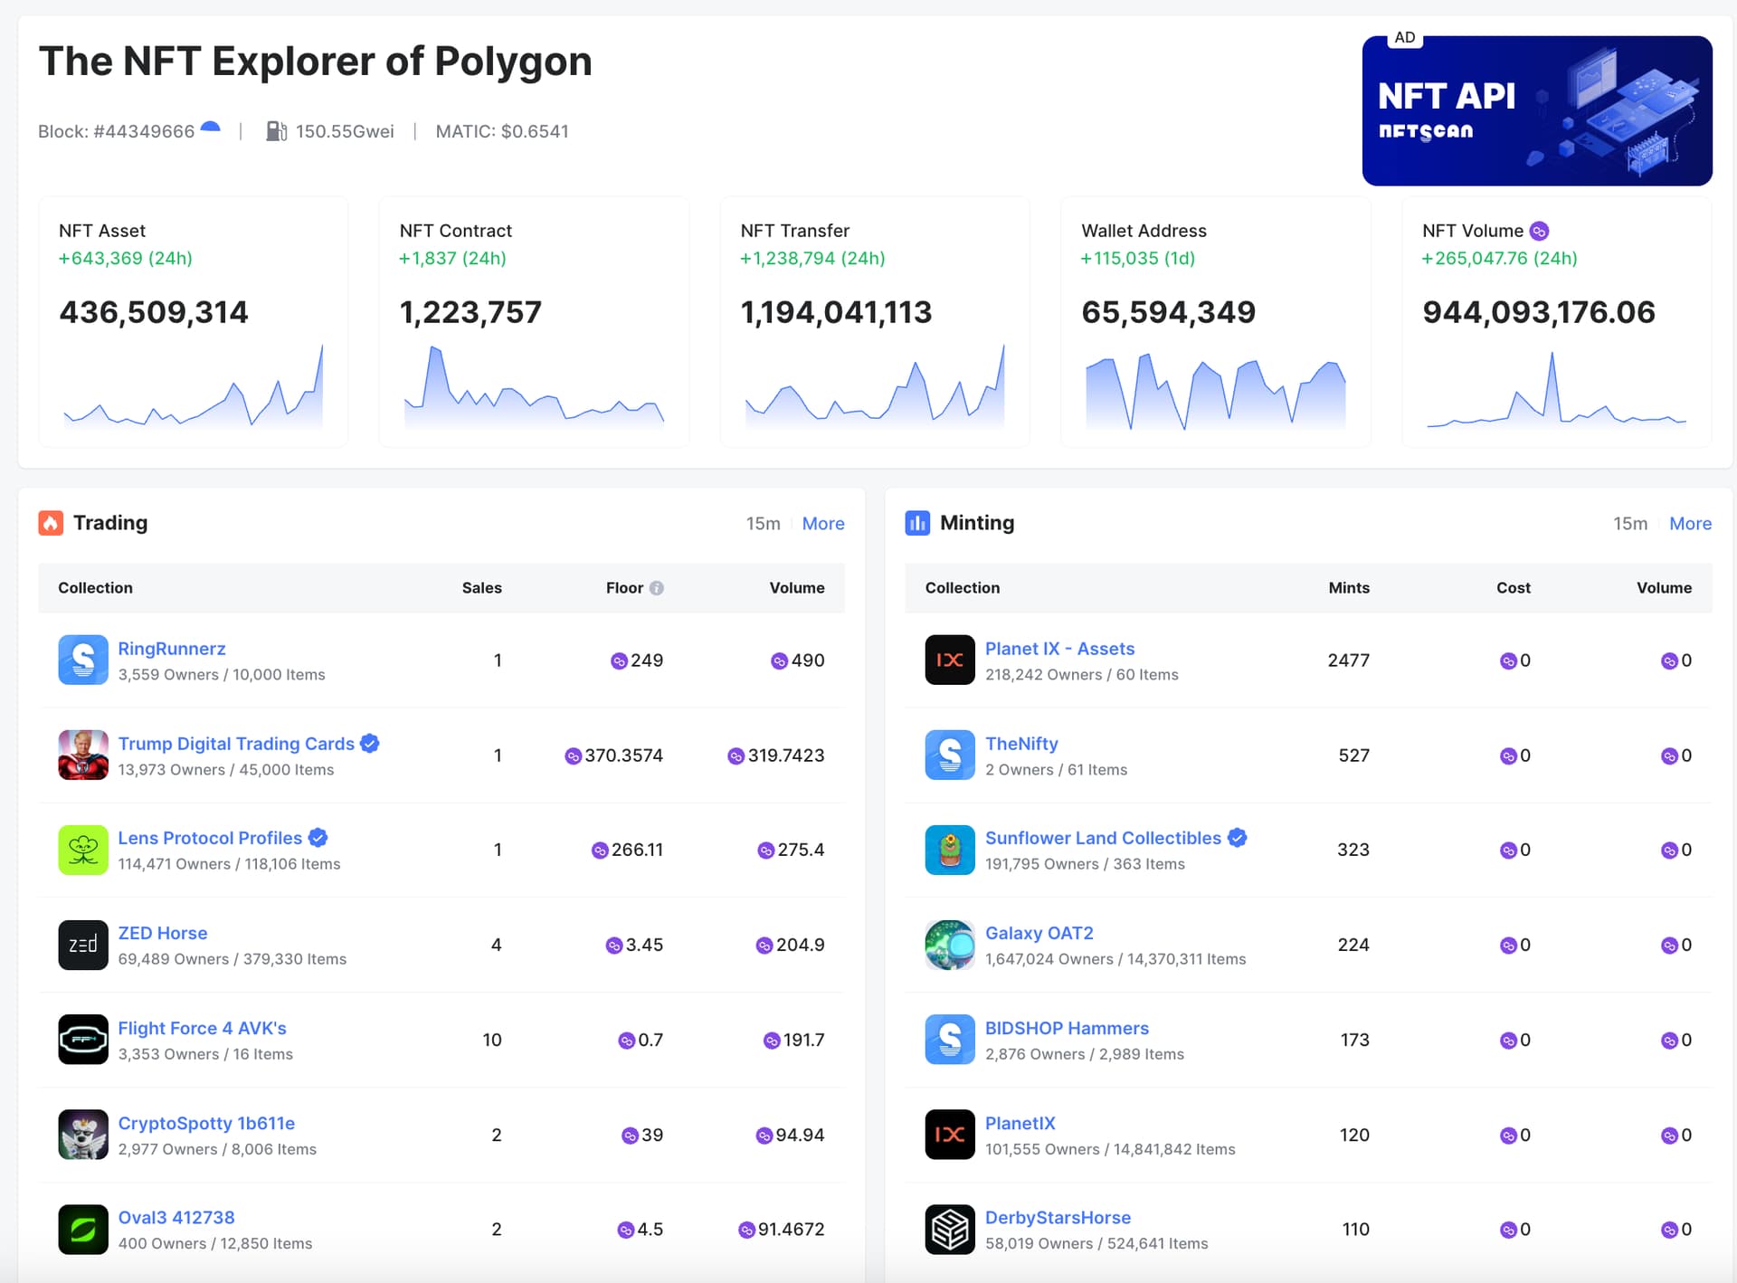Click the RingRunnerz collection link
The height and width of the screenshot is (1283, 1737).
(172, 649)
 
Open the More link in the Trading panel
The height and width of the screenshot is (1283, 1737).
(822, 524)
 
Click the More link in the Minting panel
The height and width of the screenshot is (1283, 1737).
(1689, 524)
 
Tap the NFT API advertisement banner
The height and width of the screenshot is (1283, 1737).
(1536, 111)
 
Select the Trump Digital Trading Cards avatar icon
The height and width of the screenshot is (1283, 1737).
(83, 755)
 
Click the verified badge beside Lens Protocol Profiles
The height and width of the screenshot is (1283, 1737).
(318, 838)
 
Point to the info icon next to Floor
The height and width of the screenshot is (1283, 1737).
(657, 588)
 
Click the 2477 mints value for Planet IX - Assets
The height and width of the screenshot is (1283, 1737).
(1347, 661)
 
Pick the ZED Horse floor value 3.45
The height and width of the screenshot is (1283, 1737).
(643, 945)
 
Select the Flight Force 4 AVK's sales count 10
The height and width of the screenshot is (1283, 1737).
(491, 1040)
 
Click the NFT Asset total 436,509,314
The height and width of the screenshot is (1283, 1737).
(154, 312)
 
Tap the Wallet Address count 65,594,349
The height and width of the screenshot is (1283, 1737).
(1168, 312)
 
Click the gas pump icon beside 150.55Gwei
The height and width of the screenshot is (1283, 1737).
(276, 131)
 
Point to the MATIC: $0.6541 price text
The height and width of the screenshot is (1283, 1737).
(502, 131)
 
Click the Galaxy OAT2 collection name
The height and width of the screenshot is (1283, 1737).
(1039, 933)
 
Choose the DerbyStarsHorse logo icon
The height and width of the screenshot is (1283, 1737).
(949, 1229)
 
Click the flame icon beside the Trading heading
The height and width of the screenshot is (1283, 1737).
(51, 523)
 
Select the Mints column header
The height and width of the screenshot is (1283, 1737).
(1348, 588)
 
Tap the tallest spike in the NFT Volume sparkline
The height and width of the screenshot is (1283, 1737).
(1552, 357)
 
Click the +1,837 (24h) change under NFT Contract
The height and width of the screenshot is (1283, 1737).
(452, 259)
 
